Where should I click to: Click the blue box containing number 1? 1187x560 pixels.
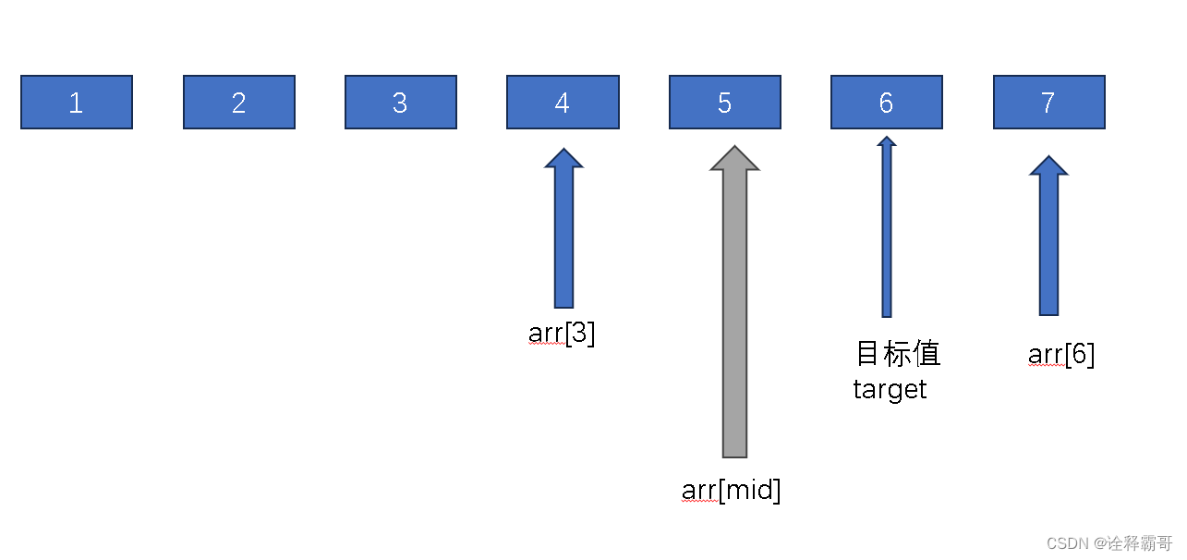pos(77,103)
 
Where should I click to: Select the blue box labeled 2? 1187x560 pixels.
pos(239,103)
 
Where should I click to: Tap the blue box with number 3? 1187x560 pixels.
pos(401,103)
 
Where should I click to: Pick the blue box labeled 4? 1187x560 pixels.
pos(563,103)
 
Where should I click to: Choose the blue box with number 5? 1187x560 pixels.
pos(725,103)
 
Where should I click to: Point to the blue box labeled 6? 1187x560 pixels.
pos(887,103)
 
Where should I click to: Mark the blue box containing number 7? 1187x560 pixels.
pos(1048,103)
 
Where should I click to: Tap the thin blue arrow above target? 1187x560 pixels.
pos(887,231)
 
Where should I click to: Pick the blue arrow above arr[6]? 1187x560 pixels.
pos(1048,240)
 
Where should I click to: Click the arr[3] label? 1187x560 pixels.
pos(562,334)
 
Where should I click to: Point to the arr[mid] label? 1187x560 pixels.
pos(731,490)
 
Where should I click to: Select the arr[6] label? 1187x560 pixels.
pos(1061,355)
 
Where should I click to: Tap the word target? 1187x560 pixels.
pos(890,389)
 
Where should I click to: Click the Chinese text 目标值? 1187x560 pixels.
pos(898,353)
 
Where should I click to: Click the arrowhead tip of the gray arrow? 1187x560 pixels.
pos(734,149)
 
